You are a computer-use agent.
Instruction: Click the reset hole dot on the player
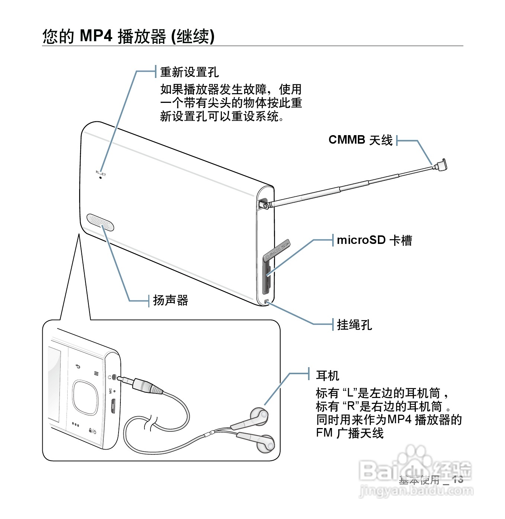[x=100, y=177]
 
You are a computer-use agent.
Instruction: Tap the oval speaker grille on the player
[x=100, y=222]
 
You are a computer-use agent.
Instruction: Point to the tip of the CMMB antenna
[x=441, y=165]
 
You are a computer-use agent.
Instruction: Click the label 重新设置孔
[x=190, y=72]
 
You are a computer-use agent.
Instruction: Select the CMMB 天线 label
[x=360, y=140]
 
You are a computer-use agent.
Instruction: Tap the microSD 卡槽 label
[x=374, y=240]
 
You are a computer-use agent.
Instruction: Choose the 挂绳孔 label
[x=354, y=325]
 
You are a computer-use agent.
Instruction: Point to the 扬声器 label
[x=171, y=300]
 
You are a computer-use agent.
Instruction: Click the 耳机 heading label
[x=327, y=376]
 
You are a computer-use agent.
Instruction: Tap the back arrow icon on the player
[x=78, y=367]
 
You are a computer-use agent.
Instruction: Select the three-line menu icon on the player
[x=96, y=373]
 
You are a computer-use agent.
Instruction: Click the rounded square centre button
[x=85, y=397]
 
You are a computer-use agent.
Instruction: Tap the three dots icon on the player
[x=75, y=425]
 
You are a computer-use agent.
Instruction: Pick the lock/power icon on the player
[x=92, y=431]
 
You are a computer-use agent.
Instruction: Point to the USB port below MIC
[x=113, y=406]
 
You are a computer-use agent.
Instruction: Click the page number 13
[x=457, y=479]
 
